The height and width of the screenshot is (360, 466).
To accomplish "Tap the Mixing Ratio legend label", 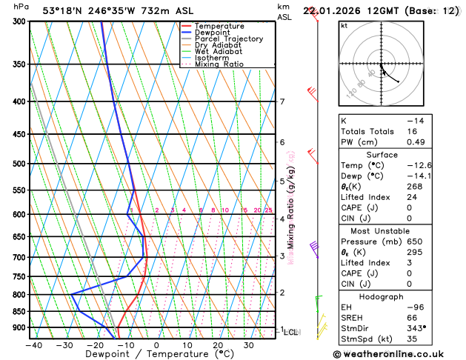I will pos(219,64).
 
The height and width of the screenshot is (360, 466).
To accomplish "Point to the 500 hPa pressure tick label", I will pos(20,164).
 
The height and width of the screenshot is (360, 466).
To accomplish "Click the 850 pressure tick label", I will pos(20,312).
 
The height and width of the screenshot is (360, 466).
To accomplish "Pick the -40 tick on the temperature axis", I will pos(33,345).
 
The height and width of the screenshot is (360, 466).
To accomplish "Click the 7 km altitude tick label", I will pos(282,101).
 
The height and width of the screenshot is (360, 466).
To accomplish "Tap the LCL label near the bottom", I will pos(291,333).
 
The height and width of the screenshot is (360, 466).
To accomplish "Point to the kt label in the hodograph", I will pos(344,25).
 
